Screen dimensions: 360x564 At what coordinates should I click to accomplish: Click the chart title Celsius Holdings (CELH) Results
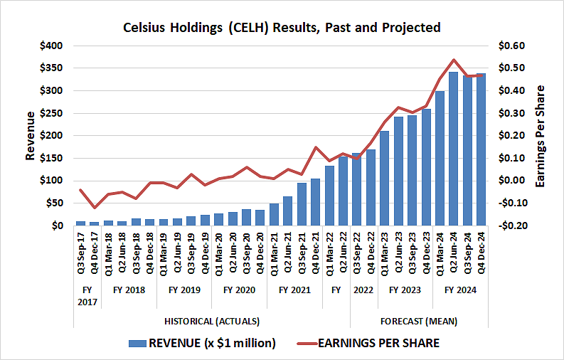point(282,28)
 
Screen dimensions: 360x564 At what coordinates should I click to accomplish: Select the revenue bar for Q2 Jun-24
point(454,149)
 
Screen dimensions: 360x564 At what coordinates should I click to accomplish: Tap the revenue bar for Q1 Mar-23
point(385,178)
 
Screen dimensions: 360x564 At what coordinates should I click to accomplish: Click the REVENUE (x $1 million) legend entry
point(202,343)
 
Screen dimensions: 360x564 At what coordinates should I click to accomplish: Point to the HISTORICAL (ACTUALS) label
point(212,321)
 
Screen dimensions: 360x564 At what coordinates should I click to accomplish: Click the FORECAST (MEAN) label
point(420,321)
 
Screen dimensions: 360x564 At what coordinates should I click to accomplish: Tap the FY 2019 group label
point(184,290)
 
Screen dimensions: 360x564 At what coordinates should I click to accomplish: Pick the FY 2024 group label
point(461,290)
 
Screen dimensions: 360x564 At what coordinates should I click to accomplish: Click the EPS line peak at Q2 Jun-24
point(454,60)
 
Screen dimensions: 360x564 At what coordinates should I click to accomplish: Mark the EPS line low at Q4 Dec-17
point(95,208)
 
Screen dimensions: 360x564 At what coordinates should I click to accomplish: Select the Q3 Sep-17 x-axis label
point(81,253)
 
